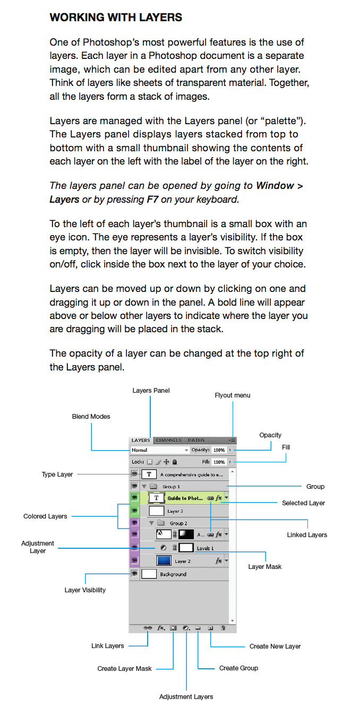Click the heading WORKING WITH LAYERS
116,18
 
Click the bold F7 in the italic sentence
152,200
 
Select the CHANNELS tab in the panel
169,440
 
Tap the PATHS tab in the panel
196,440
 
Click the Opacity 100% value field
219,450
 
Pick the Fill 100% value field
219,462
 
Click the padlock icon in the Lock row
175,462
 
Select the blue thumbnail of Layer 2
164,560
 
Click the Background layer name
173,574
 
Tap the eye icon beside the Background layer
134,573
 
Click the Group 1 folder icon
153,486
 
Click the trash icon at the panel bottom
223,628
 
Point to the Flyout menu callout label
233,395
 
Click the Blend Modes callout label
91,417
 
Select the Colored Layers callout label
45,516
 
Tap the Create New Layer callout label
275,646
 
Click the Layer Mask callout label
265,567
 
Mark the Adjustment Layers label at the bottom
186,697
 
